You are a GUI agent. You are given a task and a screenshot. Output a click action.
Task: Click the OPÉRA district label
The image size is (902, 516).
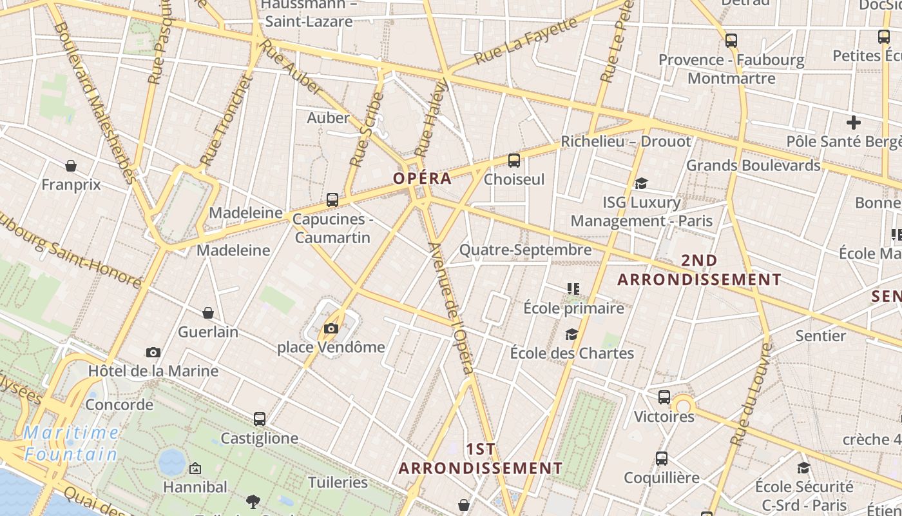[x=422, y=179]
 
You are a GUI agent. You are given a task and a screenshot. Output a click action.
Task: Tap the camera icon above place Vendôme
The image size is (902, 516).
[x=331, y=329]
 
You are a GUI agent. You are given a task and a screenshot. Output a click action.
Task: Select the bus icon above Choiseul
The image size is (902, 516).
[x=513, y=160]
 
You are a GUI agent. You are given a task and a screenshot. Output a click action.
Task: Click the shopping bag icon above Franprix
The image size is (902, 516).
[x=71, y=166]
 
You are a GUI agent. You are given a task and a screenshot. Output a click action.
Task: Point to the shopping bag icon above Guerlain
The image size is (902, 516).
[x=208, y=313]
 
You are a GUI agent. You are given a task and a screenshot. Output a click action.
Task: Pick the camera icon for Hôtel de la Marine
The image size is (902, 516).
[x=153, y=352]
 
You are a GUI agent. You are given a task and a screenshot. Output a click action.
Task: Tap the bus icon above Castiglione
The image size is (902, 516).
[x=259, y=419]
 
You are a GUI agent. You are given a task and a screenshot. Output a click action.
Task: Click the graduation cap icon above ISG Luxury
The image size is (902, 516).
[x=640, y=184]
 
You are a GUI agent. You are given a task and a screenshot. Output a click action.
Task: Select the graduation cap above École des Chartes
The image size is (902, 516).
[x=571, y=334]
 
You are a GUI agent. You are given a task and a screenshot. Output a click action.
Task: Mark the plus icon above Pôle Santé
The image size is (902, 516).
[x=854, y=123]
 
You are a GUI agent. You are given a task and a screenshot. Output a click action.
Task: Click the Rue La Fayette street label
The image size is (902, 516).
[x=526, y=41]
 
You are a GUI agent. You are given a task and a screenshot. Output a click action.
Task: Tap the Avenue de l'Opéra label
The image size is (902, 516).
[x=451, y=308]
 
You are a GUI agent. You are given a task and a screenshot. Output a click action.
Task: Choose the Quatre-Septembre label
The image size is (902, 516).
[x=525, y=250]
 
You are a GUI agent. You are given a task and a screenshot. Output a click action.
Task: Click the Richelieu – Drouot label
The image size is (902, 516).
[x=626, y=141]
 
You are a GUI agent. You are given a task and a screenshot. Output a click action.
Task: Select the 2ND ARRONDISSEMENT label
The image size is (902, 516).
[x=699, y=270]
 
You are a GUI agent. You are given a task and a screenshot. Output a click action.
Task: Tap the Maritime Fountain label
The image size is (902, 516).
[x=71, y=443]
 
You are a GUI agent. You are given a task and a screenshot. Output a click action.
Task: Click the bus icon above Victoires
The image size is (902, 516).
[x=664, y=397]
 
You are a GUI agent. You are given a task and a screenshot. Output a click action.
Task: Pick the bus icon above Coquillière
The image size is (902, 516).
[x=662, y=459]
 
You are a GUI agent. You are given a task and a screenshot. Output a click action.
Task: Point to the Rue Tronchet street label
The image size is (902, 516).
[x=224, y=121]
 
